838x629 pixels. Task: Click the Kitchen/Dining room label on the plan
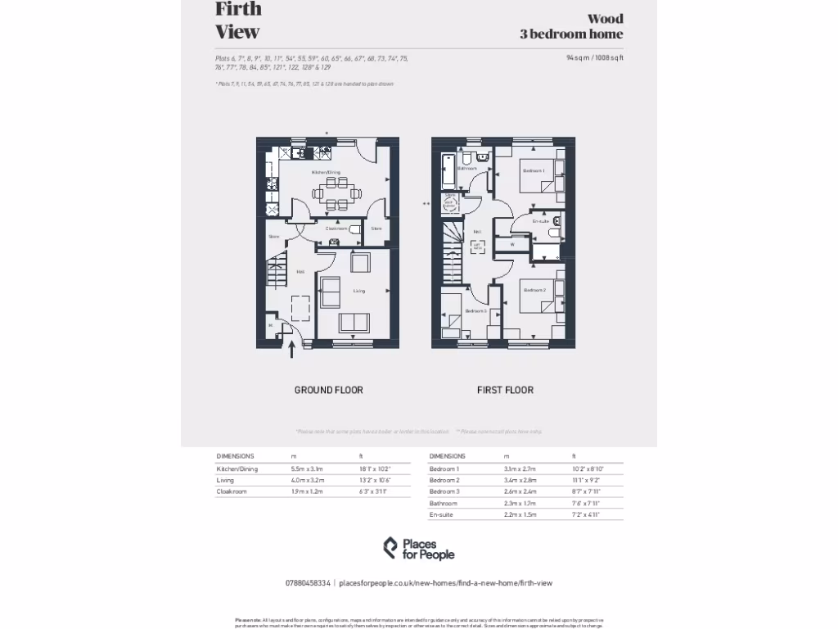[325, 173]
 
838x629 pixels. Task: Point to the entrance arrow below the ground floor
[292, 350]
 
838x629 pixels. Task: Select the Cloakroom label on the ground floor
[336, 229]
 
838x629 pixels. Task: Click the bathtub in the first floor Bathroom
[447, 174]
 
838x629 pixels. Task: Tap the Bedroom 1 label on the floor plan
[534, 170]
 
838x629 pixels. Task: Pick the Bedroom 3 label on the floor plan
[475, 311]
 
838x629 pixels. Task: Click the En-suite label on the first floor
[540, 221]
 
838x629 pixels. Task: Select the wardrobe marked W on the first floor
[512, 244]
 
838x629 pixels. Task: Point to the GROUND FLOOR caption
[328, 390]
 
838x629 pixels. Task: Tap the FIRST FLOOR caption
[505, 390]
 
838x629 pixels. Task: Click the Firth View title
[238, 20]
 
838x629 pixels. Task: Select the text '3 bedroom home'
[571, 34]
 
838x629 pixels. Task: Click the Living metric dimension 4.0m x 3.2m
[308, 480]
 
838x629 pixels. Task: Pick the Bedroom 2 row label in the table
[444, 480]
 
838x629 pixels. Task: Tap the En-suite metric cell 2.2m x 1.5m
[520, 514]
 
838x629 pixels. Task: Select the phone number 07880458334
[308, 583]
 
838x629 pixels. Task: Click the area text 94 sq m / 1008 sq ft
[594, 58]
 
